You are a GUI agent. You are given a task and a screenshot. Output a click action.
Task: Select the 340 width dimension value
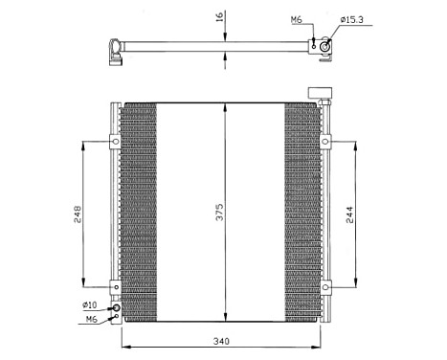(222, 341)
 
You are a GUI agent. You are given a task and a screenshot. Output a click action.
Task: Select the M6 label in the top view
(297, 19)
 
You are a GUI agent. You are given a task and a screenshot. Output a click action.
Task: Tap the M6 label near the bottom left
(92, 319)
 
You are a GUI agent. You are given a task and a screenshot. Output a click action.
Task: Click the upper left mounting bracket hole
(115, 143)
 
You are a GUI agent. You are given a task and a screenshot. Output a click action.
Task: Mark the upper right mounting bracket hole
(325, 143)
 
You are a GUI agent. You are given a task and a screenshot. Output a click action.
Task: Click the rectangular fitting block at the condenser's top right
(319, 94)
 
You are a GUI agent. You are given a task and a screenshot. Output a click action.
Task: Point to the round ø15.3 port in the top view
(325, 45)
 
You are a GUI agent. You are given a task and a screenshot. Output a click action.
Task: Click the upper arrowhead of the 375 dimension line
(224, 105)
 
